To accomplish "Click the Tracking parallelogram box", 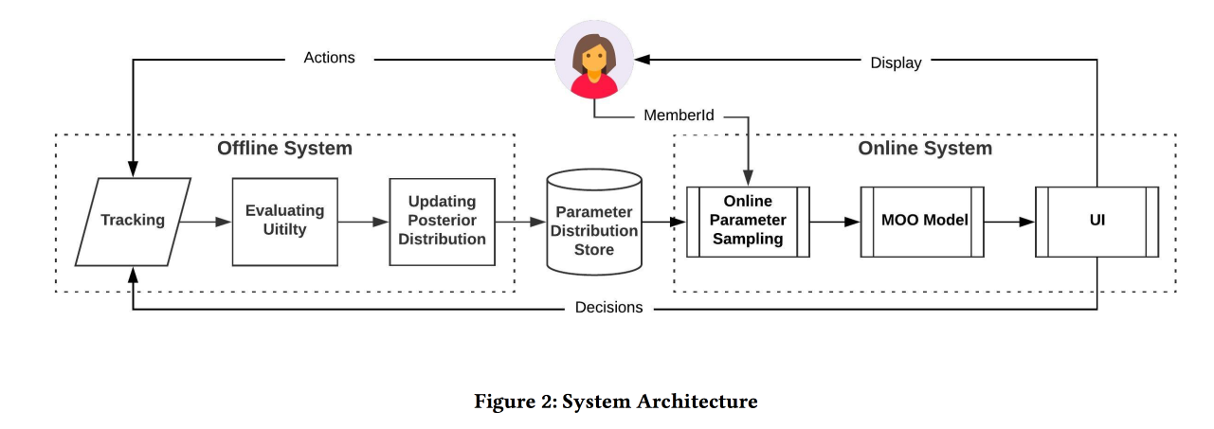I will (x=133, y=221).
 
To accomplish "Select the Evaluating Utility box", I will (x=284, y=221).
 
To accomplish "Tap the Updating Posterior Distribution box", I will (x=442, y=221).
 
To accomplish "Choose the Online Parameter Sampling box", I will (x=748, y=221).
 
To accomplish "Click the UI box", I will (x=1096, y=221).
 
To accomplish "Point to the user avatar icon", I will (x=594, y=60).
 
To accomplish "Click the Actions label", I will (x=329, y=58).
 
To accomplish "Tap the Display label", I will (x=896, y=63).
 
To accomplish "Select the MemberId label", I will (x=679, y=116).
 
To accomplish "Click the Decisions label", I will (x=608, y=307).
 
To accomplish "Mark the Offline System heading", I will (x=284, y=149).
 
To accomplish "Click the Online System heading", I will (x=925, y=149).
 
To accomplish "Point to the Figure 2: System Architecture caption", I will (x=615, y=402).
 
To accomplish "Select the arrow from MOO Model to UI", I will (x=1009, y=222).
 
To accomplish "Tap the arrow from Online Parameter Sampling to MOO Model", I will (x=835, y=222).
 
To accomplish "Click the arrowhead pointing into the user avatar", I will (x=643, y=60).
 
